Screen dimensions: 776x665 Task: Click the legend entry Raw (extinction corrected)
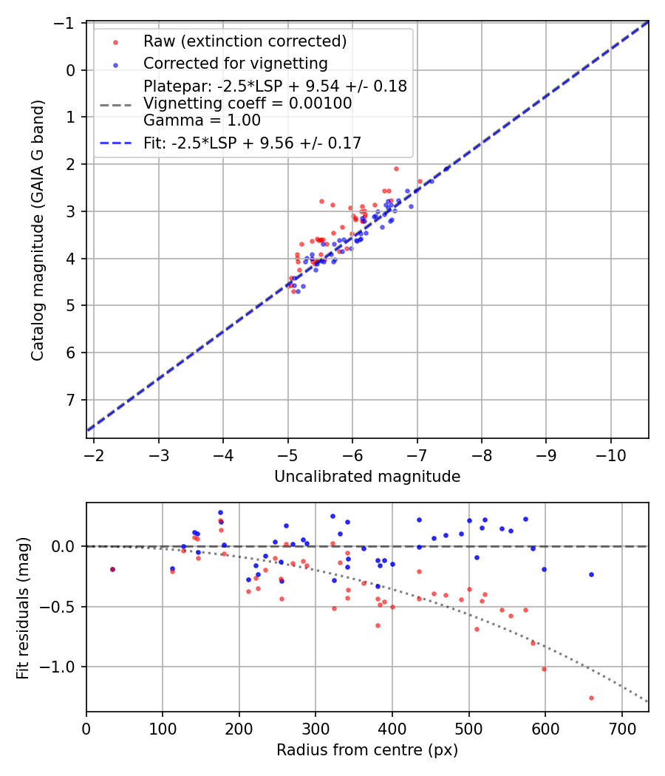245,41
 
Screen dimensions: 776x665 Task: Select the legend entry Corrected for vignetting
235,63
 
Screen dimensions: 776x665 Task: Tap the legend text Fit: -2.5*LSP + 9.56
252,143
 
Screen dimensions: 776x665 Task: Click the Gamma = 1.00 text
202,120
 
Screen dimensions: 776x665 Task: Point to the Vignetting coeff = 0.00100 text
248,103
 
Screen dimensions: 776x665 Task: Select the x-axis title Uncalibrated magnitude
367,477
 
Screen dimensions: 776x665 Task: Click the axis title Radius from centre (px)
367,750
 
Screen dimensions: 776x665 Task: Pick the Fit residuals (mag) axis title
23,607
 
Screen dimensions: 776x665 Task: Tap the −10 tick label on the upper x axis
610,452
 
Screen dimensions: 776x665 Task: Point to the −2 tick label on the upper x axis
95,452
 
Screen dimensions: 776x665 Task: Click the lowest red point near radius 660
591,698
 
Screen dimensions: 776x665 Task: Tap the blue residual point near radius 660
591,574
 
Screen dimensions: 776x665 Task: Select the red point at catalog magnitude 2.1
396,169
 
